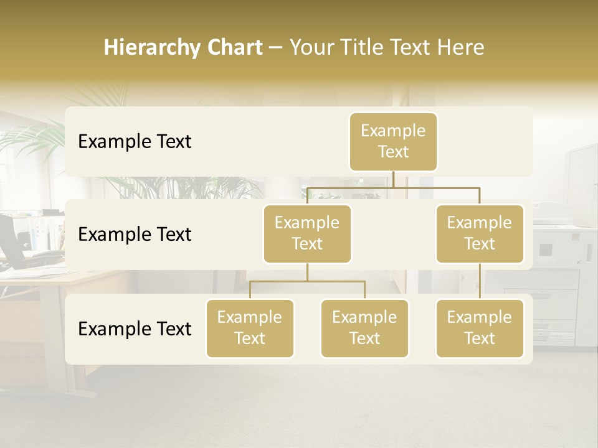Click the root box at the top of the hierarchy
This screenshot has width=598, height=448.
(x=393, y=141)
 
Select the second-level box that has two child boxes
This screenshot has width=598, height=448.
(x=307, y=233)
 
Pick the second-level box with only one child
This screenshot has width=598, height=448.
(x=480, y=233)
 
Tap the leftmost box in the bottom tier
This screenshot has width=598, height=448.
(x=250, y=328)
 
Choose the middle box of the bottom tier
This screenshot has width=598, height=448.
(x=364, y=328)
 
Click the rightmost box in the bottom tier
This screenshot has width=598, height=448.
(x=480, y=328)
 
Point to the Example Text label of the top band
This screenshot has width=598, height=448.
(x=135, y=141)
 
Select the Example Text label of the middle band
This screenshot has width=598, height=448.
(x=135, y=234)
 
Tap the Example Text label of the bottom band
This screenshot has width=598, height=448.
(x=135, y=329)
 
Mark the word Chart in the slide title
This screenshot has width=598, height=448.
(x=234, y=48)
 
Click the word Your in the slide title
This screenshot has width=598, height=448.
(x=311, y=48)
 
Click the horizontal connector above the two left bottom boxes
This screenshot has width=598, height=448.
(x=307, y=281)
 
